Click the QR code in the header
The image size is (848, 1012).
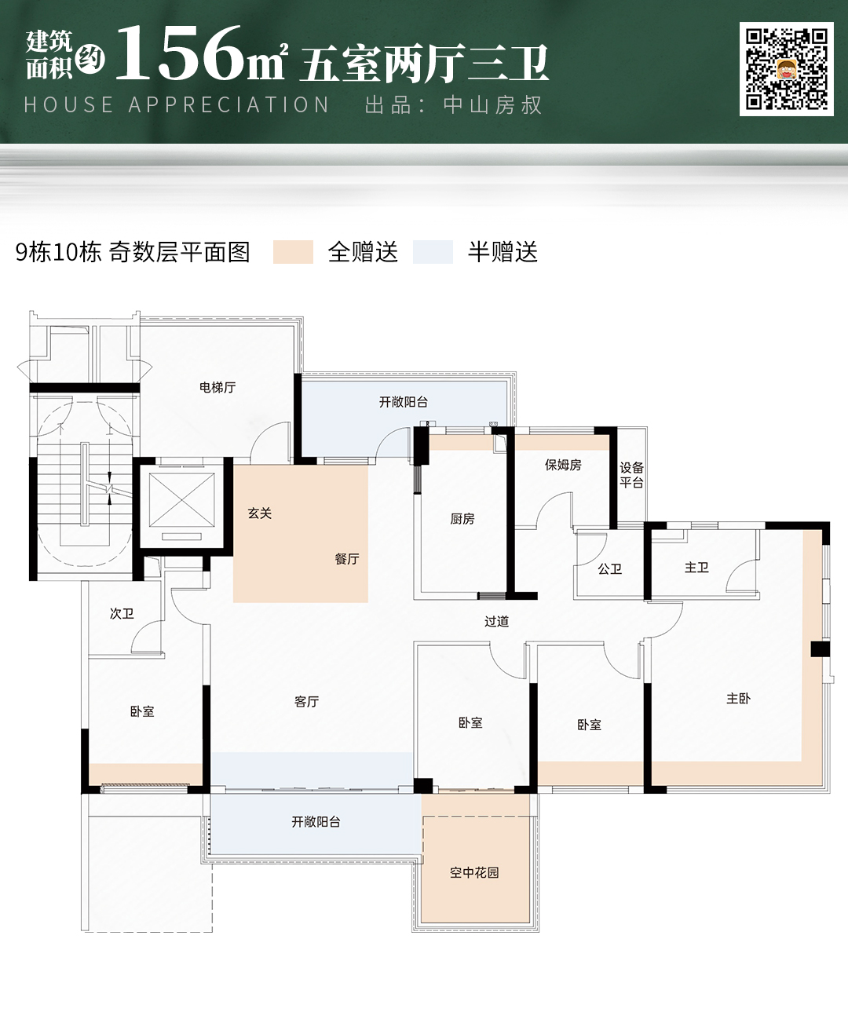[787, 69]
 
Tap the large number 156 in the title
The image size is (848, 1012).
[178, 53]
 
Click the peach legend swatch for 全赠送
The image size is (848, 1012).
[293, 252]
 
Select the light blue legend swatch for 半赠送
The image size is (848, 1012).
[433, 252]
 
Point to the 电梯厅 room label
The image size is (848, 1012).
[217, 387]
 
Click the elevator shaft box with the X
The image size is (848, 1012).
[182, 499]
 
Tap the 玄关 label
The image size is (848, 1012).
[260, 513]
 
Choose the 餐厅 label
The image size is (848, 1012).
[347, 559]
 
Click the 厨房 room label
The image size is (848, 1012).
[462, 519]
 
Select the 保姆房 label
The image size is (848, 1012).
[563, 465]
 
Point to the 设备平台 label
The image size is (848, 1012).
[631, 475]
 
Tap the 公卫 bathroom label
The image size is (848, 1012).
[609, 568]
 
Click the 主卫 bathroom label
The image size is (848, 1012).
[696, 567]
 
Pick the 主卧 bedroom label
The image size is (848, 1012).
[738, 699]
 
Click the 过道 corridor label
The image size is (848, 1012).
[497, 621]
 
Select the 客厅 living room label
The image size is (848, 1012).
[307, 701]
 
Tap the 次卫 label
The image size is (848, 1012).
[122, 614]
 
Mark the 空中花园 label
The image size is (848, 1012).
[474, 872]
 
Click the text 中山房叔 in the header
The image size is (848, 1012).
[492, 105]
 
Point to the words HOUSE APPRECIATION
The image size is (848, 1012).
[177, 105]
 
